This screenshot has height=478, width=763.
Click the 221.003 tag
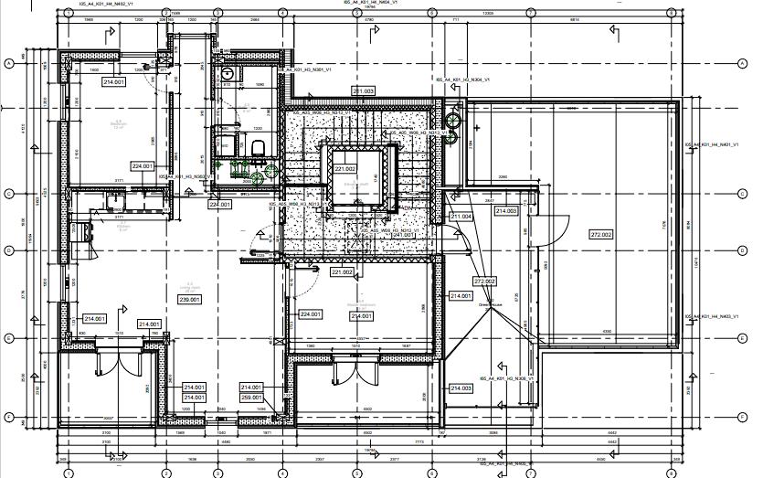pos(364,91)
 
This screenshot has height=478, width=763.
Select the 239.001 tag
pos(189,299)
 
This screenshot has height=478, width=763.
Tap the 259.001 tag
pos(252,398)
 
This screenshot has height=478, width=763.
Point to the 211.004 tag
pos(461,217)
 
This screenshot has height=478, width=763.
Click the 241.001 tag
pos(403,235)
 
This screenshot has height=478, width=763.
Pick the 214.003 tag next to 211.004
pos(506,211)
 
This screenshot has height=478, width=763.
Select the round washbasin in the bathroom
pos(257,178)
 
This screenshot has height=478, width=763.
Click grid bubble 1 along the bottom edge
pos(68,472)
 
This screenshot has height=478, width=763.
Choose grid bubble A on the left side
pos(9,62)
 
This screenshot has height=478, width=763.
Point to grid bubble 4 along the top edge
pos(283,14)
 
